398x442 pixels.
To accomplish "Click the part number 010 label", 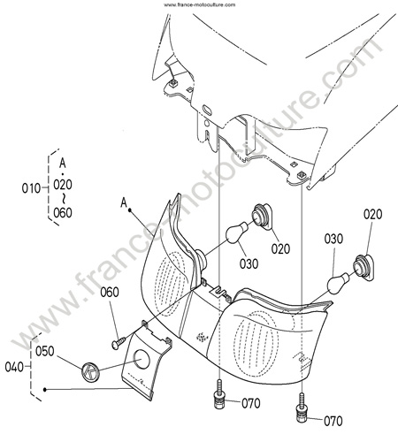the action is (31, 188).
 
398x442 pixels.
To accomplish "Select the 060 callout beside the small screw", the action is (110, 293).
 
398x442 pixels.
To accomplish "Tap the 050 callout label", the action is (45, 351).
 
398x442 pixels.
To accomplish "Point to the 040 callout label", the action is (14, 367).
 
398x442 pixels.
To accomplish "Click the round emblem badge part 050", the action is (90, 371).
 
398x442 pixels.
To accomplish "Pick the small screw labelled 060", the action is (119, 343).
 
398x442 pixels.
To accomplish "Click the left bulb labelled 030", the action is (237, 232).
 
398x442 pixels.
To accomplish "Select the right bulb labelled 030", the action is (339, 284).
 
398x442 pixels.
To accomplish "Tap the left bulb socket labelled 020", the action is (263, 217).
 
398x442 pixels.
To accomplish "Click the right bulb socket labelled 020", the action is (364, 267).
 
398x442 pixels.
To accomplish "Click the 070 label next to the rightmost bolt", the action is (333, 421).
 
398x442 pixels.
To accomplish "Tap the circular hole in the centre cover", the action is (142, 359).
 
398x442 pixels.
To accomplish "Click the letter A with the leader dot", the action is (124, 202).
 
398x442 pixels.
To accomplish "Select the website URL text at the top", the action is (200, 4).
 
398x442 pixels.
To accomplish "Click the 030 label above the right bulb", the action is (333, 239).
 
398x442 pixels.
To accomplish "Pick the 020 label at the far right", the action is (372, 214).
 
